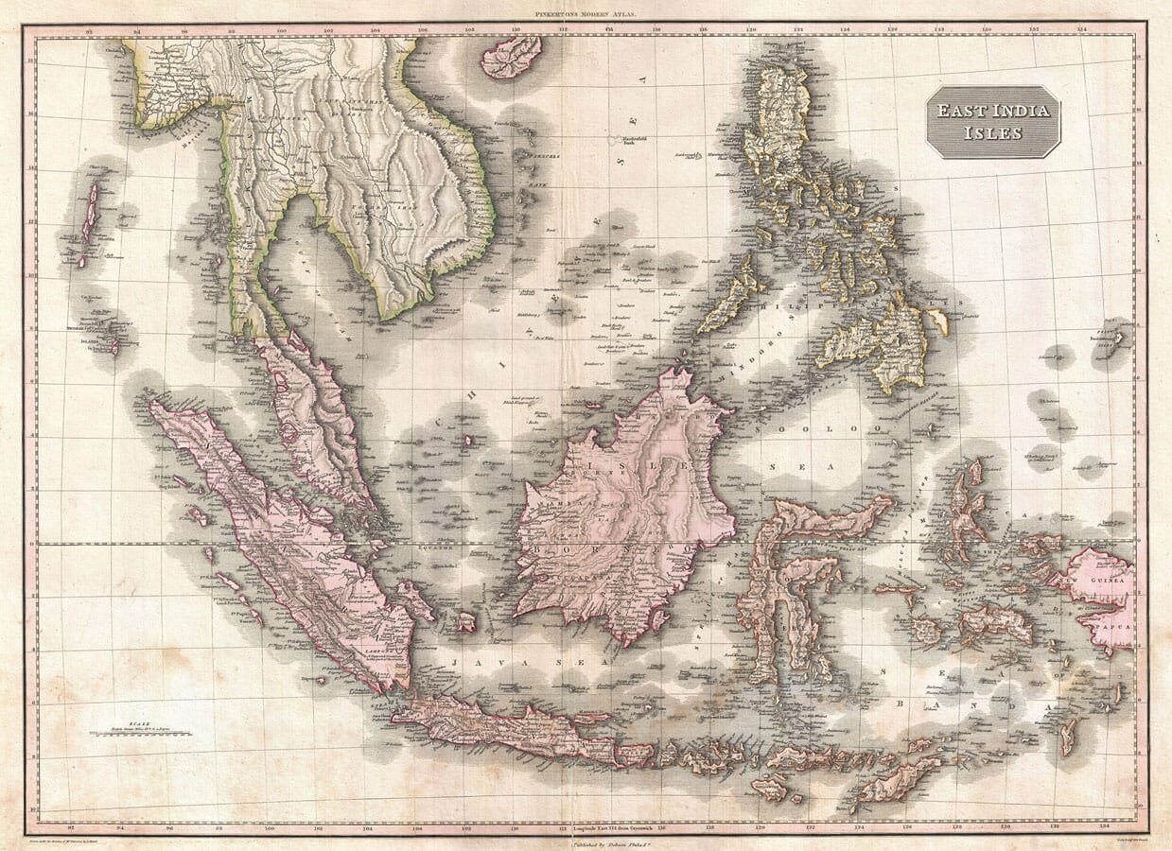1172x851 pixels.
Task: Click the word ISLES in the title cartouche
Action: tap(992, 132)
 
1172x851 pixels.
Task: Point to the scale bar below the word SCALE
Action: tap(141, 733)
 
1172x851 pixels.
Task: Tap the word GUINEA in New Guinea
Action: tap(1108, 581)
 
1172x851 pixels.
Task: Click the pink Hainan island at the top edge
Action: tap(511, 56)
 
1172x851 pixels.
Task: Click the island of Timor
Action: tap(899, 779)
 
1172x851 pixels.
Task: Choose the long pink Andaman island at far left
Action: tap(90, 214)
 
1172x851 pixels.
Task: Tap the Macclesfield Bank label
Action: tap(634, 141)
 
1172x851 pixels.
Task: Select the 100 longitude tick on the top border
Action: tap(281, 30)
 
